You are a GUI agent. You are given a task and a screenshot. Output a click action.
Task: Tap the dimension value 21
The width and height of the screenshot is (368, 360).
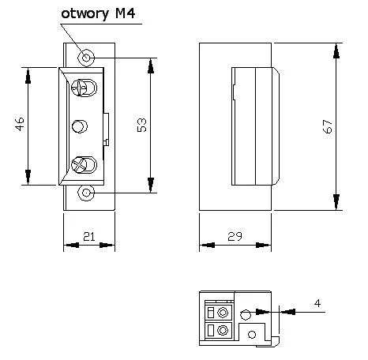click(x=88, y=236)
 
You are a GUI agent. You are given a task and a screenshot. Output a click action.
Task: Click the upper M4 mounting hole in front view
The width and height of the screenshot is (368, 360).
click(x=87, y=57)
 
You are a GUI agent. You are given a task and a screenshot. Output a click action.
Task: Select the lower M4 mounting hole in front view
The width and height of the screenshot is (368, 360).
click(x=87, y=192)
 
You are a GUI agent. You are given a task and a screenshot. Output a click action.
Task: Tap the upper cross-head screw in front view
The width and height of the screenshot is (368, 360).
click(x=81, y=88)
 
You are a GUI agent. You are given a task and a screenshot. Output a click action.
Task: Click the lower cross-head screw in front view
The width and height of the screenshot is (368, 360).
click(x=81, y=165)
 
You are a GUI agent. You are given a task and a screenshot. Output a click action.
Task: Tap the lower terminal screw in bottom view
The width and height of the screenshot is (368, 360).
click(x=223, y=330)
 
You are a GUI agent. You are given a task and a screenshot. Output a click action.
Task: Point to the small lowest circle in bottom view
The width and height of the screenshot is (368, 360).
click(x=252, y=334)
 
